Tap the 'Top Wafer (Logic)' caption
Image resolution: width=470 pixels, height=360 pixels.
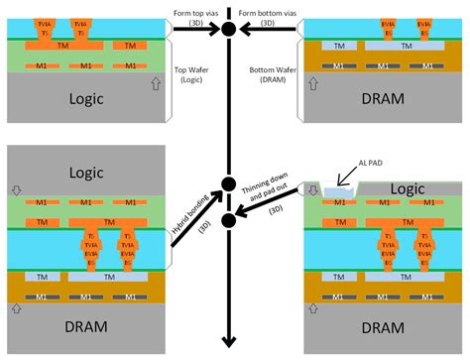point(195,74)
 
